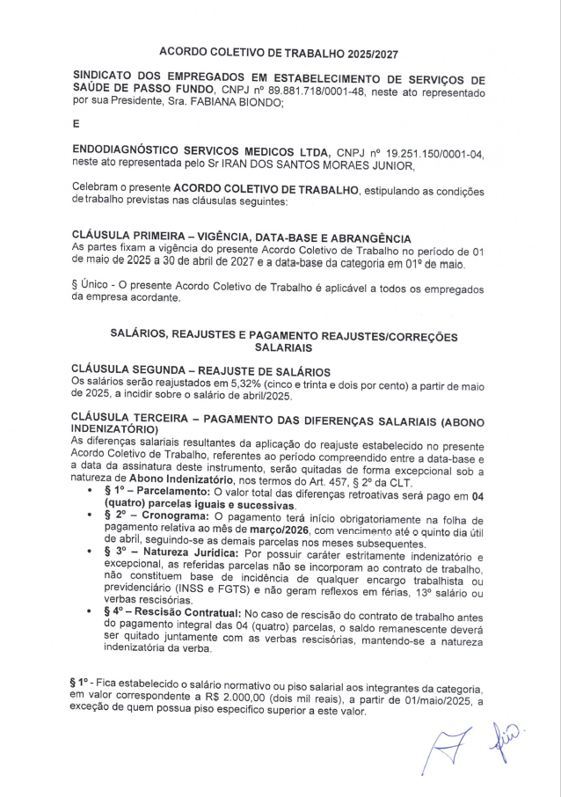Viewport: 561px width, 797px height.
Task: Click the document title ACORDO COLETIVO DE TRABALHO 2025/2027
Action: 279,53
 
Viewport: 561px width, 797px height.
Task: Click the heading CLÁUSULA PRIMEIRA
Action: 132,238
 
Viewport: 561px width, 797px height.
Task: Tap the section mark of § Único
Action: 74,286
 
